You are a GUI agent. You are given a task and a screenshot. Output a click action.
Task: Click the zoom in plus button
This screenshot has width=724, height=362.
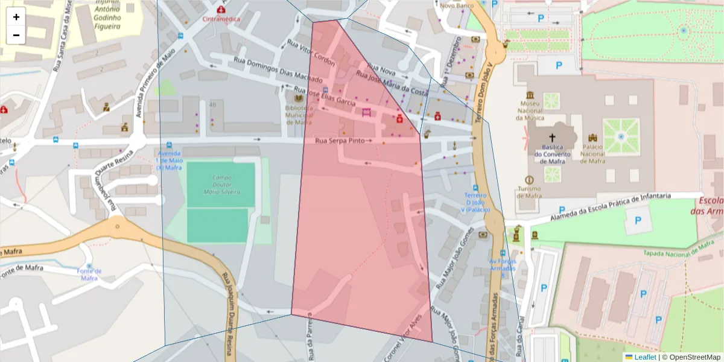[x=16, y=17]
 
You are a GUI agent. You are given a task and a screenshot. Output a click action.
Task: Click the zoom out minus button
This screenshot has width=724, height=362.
[x=16, y=35]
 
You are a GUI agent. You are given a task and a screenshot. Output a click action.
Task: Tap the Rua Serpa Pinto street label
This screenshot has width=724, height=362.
[x=340, y=141]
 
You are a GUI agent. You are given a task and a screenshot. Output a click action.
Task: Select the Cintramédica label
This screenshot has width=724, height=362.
[x=221, y=19]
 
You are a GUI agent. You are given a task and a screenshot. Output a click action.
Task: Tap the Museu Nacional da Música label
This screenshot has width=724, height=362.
[x=529, y=110]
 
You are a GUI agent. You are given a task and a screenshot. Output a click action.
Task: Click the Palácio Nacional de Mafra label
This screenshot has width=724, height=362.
[x=592, y=153]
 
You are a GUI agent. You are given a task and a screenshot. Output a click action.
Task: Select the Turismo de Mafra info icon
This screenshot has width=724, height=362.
[x=529, y=180]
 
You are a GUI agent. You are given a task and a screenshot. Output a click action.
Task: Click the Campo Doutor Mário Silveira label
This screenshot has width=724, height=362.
[x=221, y=185]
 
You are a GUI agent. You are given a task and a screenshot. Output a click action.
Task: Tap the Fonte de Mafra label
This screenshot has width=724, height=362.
[x=89, y=275]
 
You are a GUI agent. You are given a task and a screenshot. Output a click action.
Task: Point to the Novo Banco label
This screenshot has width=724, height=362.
[x=456, y=5]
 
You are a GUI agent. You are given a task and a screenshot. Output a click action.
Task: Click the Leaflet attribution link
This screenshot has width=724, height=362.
[x=644, y=357]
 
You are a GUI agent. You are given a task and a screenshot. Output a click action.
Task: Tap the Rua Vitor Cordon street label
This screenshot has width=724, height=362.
[x=311, y=53]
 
